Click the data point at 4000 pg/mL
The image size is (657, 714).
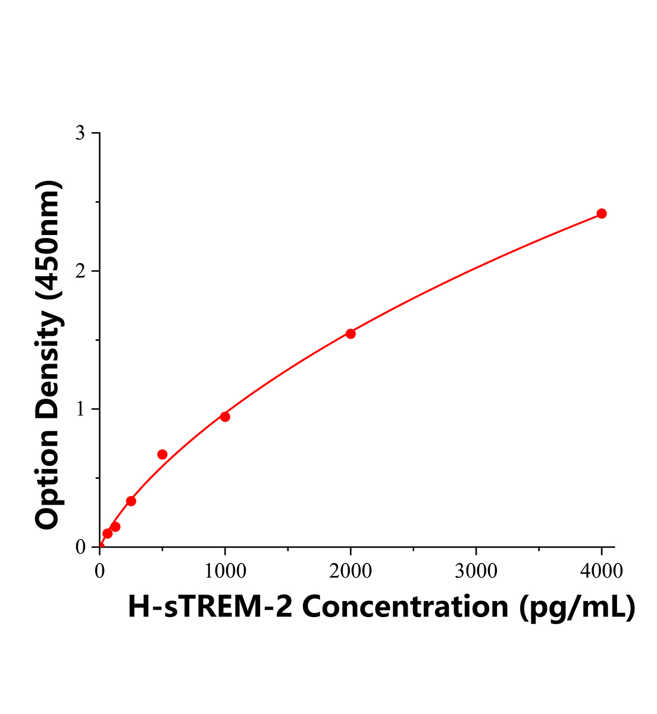(602, 214)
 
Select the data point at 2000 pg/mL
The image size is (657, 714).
(351, 334)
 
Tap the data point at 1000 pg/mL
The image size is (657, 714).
(225, 416)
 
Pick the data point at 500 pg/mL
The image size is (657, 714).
(162, 455)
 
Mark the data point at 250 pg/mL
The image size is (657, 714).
(131, 501)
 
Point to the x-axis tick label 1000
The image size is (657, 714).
(225, 571)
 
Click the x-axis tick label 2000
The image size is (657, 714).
(351, 571)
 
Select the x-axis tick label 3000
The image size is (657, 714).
(476, 571)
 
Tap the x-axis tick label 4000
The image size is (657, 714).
(602, 571)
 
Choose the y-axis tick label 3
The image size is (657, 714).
(80, 133)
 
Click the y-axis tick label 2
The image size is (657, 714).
(80, 271)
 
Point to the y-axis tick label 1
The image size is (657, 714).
(80, 409)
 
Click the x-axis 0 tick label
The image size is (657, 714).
(99, 571)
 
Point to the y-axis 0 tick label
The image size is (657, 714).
(80, 547)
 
